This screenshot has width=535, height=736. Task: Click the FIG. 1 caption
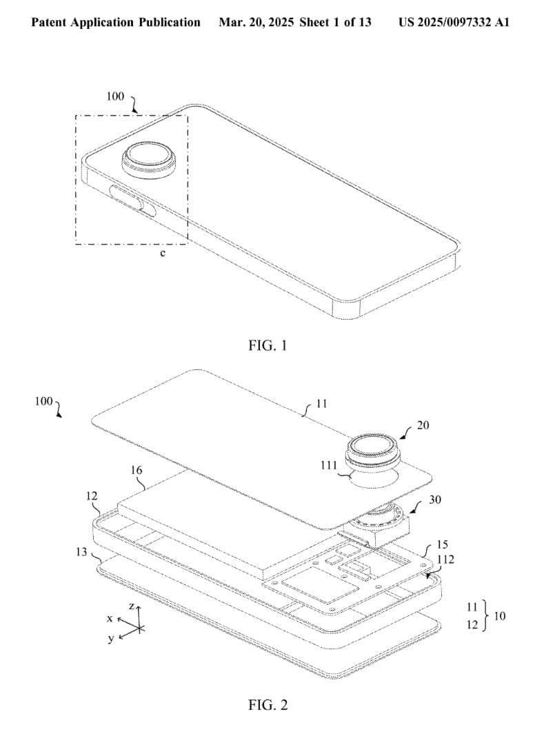click(x=267, y=345)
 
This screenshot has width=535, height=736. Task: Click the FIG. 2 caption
click(x=267, y=704)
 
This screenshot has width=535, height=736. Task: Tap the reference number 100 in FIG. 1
click(x=116, y=96)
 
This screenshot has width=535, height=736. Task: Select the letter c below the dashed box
click(x=163, y=254)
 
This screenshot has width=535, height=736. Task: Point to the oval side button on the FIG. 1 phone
click(x=133, y=199)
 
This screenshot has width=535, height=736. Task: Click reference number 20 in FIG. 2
click(x=423, y=425)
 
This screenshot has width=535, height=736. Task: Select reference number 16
click(x=137, y=470)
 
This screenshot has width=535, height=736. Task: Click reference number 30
click(x=435, y=500)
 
